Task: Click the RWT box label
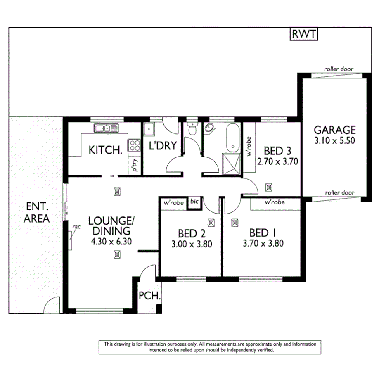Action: pos(304,35)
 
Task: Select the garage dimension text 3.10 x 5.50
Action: pos(334,140)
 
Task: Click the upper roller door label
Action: pos(339,69)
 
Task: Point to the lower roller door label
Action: pos(340,192)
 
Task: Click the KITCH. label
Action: pos(106,149)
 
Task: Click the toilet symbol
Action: pos(192,130)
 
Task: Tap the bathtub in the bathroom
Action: pos(232,138)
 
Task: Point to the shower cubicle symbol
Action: pos(232,164)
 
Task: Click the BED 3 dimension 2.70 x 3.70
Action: pos(277,161)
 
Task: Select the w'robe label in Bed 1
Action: pos(274,203)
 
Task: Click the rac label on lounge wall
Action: pos(76,227)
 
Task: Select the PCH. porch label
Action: pos(149,296)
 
